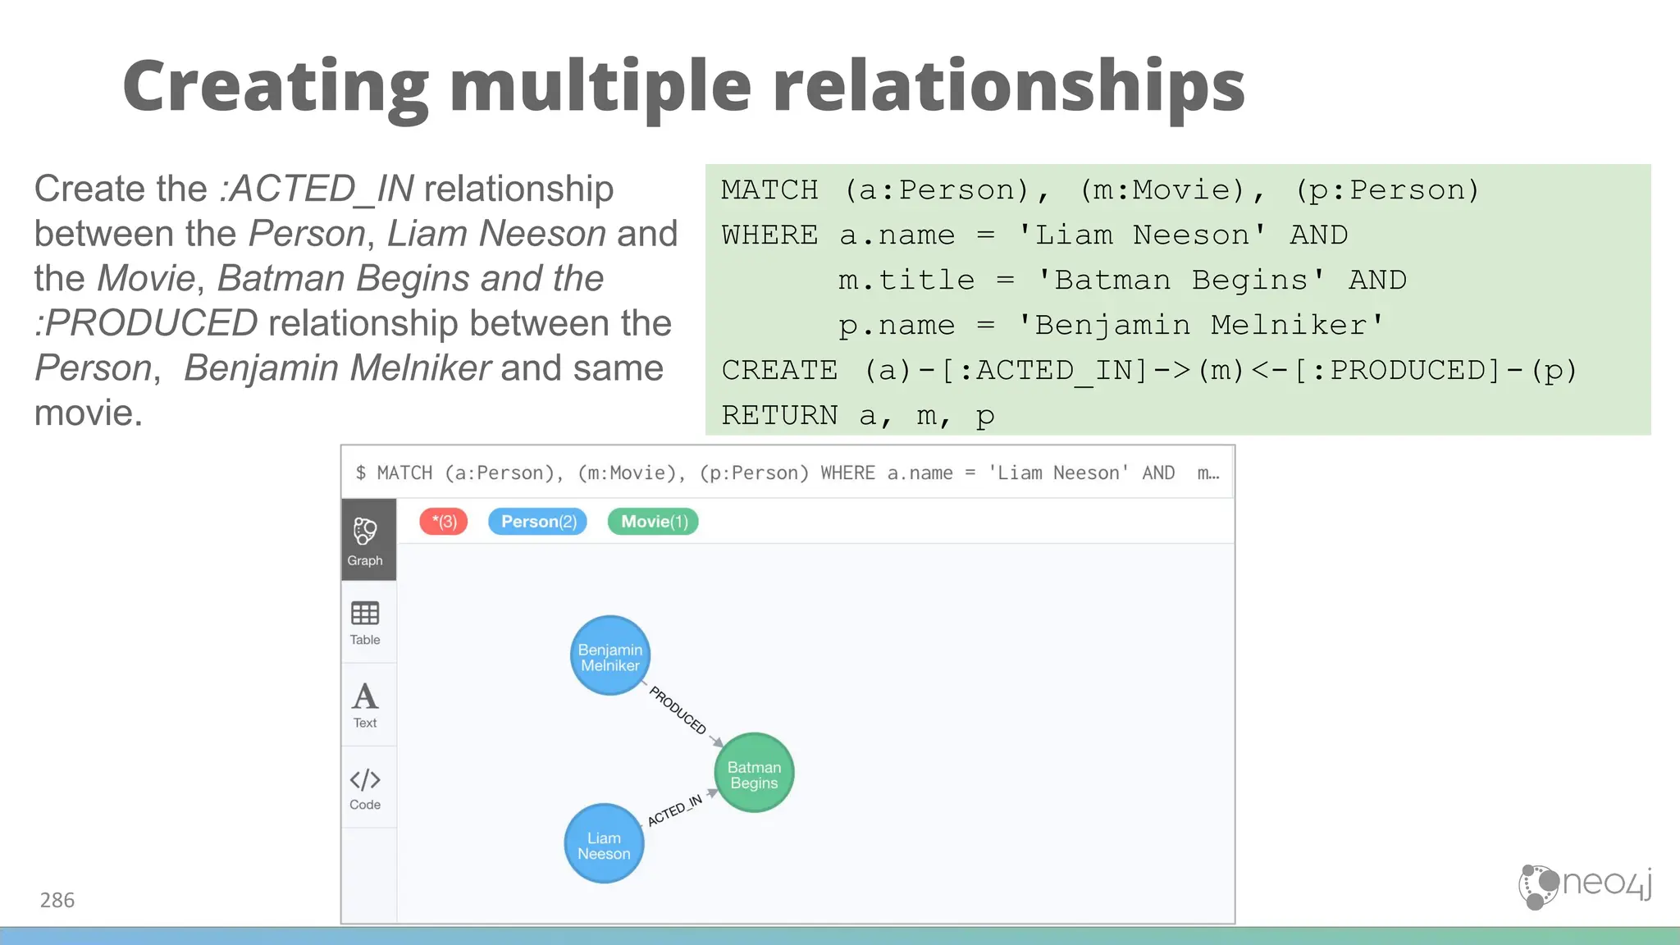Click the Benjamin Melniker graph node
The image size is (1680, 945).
609,656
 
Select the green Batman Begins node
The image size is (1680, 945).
754,774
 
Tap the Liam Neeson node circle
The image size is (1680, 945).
604,844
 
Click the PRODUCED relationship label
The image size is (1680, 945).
678,710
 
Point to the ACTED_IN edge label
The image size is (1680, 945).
674,810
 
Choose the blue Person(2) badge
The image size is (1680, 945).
538,522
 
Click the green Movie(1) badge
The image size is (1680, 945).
653,522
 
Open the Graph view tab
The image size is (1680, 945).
365,540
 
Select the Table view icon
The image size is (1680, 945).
365,623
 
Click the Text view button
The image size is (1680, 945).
365,705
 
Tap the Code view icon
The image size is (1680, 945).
365,787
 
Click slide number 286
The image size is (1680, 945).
57,901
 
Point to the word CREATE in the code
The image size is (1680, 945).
779,371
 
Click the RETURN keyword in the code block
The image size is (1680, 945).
779,416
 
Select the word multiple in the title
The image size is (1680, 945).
600,87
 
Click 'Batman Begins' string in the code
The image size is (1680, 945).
1180,281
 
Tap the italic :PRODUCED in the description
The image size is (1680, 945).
147,323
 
